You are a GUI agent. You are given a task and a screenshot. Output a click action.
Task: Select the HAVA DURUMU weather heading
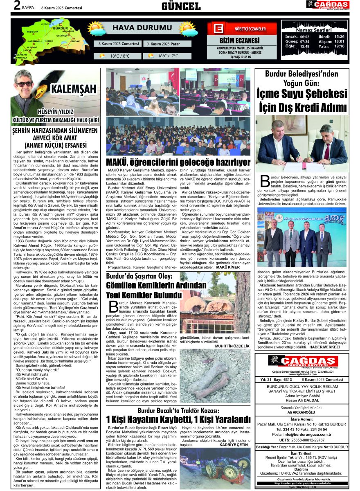coord(135,28)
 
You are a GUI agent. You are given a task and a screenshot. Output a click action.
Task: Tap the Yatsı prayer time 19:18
coord(339,46)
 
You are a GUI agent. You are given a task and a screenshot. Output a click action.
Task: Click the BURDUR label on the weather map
coord(60,28)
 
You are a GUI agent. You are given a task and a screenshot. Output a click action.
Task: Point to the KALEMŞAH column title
coord(73,89)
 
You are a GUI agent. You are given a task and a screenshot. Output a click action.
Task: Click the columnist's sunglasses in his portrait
coord(25,84)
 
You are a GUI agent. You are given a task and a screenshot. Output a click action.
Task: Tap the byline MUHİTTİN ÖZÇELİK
coord(232,346)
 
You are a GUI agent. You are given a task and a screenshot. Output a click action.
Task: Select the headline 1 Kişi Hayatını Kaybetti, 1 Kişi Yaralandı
coord(178,420)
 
